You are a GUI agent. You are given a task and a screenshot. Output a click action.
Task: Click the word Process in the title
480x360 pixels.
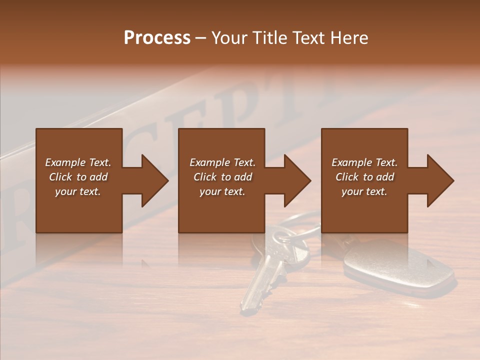[157, 38]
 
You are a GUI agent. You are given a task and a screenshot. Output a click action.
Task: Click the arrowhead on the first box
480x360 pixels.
[153, 180]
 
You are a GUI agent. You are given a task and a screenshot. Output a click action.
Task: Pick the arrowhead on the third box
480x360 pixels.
[439, 180]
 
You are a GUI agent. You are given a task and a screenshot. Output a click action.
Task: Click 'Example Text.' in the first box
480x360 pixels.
[78, 162]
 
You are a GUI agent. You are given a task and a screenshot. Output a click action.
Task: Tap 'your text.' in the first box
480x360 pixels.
[78, 191]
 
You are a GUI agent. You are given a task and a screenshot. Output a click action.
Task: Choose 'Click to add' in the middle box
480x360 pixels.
[222, 177]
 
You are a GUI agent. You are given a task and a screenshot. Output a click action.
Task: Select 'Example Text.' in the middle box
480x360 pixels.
[222, 162]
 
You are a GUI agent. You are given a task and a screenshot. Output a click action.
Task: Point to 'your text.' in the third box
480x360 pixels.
[364, 191]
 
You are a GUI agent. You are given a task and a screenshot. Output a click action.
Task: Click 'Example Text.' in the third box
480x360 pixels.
[364, 162]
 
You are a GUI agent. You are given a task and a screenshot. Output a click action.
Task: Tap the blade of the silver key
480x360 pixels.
[255, 285]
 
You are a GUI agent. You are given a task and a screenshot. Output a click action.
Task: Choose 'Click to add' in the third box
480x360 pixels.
[364, 177]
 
